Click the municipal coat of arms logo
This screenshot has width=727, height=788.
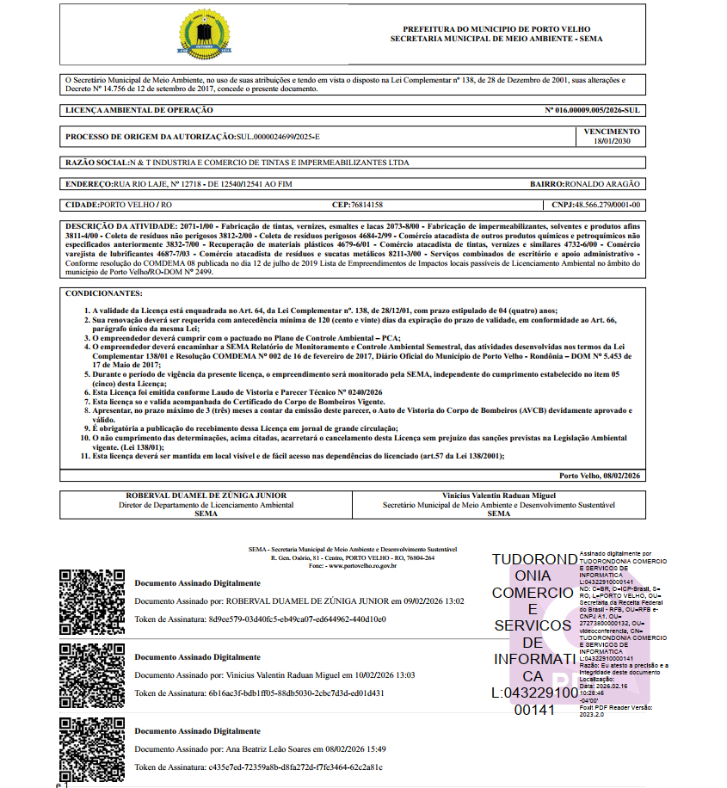(205, 35)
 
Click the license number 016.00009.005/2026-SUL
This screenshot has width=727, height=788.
(593, 111)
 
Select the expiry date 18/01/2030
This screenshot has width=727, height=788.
(612, 141)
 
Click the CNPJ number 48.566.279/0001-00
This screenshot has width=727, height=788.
(607, 206)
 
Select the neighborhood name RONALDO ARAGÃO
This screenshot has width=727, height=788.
(602, 184)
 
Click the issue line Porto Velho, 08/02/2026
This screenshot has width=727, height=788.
(600, 476)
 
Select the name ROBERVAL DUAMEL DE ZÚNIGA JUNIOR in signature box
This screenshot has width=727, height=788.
(206, 496)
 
